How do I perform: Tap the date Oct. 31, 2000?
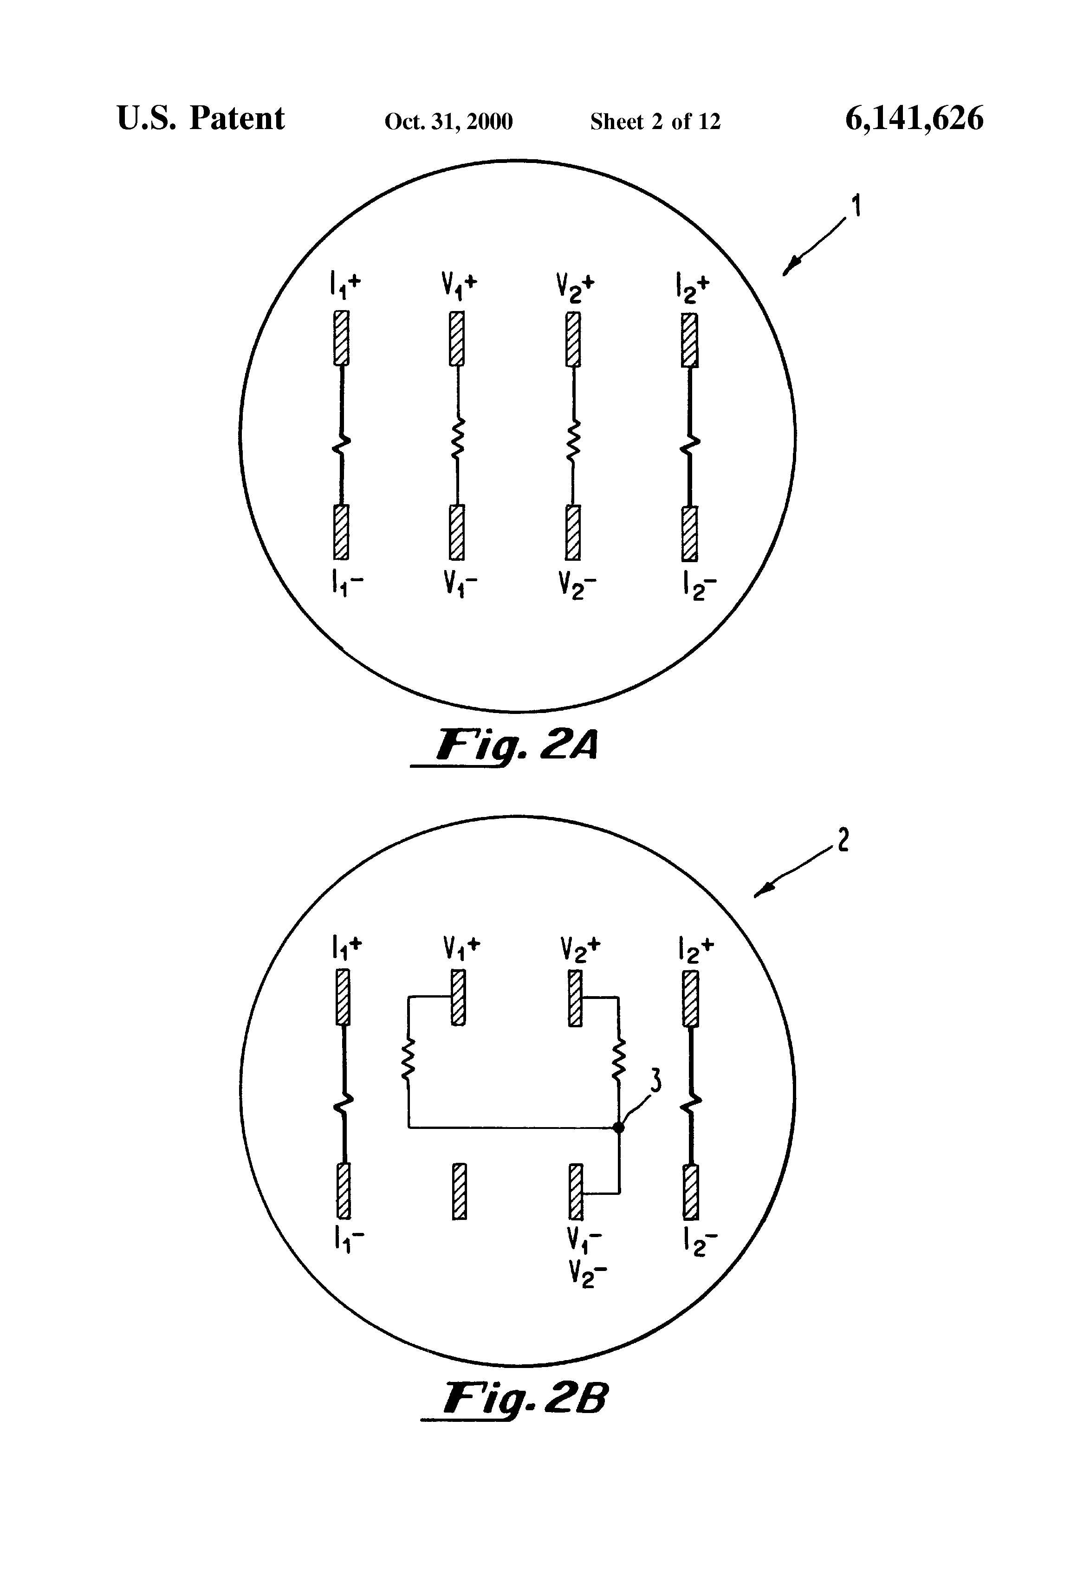click(x=448, y=122)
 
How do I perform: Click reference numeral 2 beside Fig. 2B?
click(x=843, y=842)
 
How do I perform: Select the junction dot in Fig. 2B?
click(x=618, y=1128)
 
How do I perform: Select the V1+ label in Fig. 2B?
click(x=461, y=947)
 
